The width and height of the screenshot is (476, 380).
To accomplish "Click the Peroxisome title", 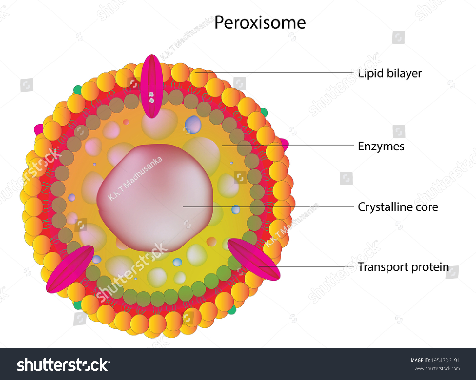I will pos(260,23).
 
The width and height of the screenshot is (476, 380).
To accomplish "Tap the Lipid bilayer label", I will pos(390,73).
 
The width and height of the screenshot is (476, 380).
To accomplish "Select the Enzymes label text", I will pos(381,147).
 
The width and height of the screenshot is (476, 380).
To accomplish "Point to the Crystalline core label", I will pos(398,207).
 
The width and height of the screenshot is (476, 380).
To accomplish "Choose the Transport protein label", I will pos(403,267).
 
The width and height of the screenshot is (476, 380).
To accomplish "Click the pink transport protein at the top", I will pos(152,86).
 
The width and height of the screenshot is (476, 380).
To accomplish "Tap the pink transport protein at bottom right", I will pos(253,259).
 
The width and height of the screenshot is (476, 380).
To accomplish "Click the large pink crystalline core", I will pos(155,197).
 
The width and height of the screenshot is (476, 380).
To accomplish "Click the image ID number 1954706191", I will pos(445,360).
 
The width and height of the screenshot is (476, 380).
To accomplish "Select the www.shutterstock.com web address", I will pos(437,368).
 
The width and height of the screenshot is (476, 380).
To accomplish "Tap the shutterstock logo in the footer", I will pos(63,365).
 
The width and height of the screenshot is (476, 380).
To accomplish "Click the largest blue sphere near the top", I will pos(193,124).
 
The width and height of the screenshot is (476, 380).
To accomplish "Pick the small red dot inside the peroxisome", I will pos(126,122).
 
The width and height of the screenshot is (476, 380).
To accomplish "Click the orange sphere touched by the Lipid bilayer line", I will pos(199,77).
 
